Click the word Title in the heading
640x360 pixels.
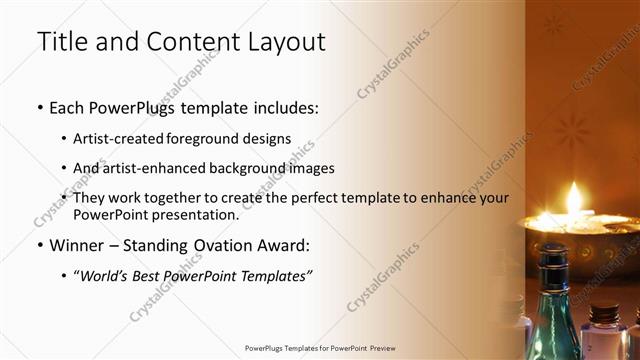point(62,42)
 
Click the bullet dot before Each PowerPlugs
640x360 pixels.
point(39,107)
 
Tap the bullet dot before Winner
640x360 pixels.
point(39,245)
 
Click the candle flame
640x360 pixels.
point(575,197)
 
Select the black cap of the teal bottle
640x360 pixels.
point(552,258)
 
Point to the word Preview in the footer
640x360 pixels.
point(381,348)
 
